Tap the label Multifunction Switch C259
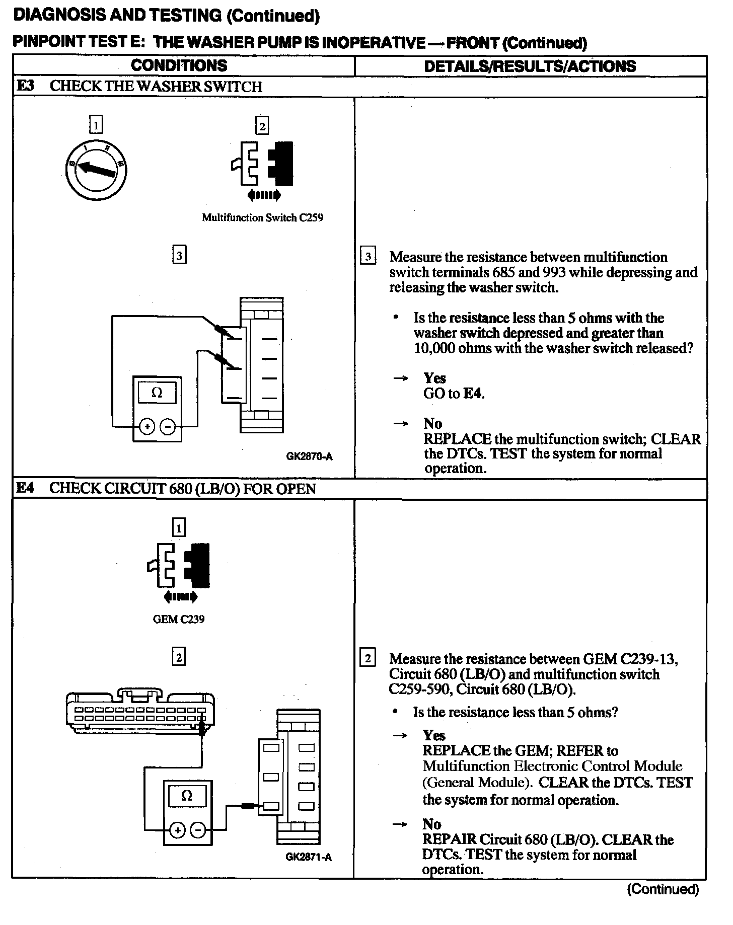[x=262, y=218]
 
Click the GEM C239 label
[x=179, y=620]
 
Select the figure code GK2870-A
[x=309, y=457]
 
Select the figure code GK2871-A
[x=309, y=857]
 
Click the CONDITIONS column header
[x=179, y=65]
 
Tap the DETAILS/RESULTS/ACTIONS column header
[x=530, y=66]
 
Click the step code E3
[x=25, y=86]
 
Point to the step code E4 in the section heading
[x=25, y=488]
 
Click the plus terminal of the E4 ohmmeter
[x=177, y=830]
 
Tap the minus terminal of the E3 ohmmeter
[x=168, y=428]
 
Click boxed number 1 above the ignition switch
[x=96, y=124]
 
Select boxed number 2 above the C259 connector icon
[x=262, y=125]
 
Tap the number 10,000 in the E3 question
[x=434, y=348]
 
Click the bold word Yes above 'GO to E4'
[x=434, y=378]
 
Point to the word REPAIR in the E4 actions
[x=449, y=839]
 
